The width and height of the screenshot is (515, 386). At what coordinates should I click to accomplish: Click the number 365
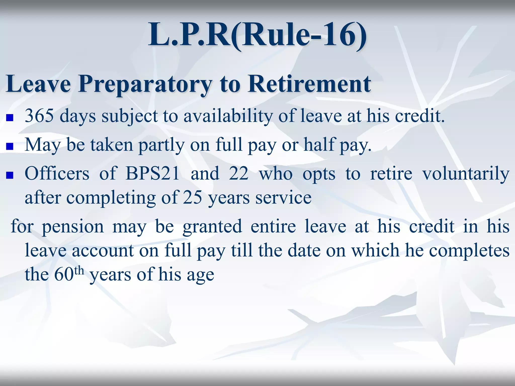pos(39,116)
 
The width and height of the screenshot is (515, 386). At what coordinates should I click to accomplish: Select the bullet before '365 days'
pos(10,118)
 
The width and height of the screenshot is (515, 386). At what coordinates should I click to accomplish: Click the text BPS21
pos(153,173)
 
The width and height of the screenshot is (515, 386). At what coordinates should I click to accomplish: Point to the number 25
pos(192,198)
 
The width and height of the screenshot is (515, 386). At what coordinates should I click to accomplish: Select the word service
pos(283,198)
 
